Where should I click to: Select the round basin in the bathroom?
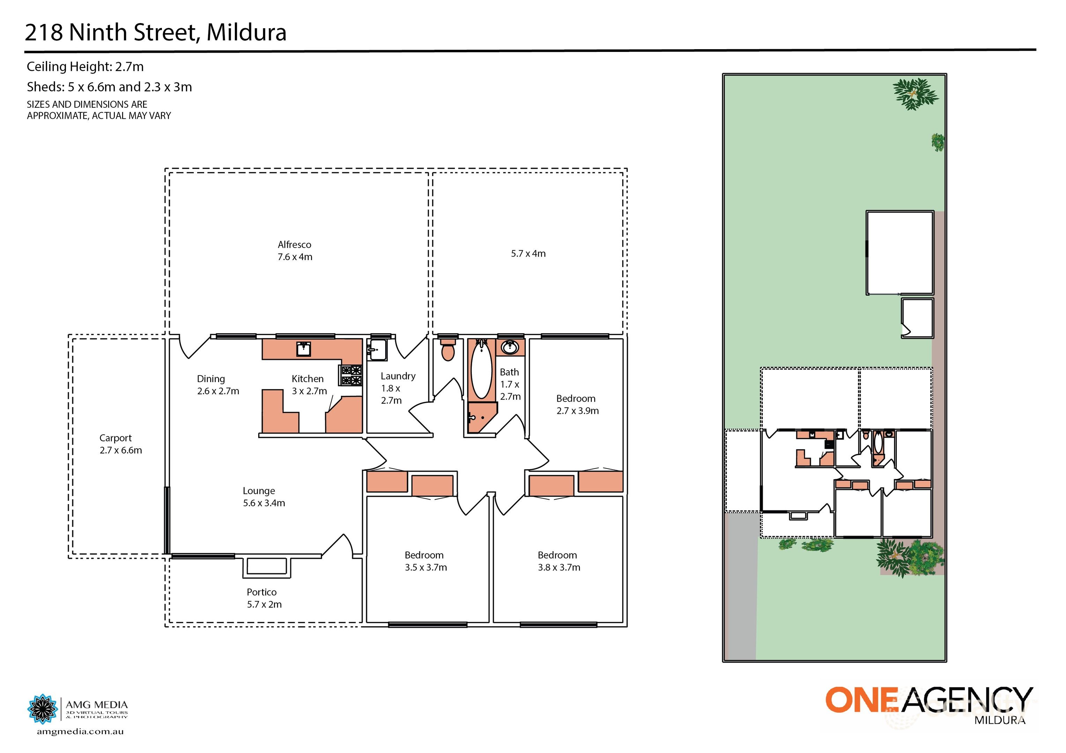[510, 347]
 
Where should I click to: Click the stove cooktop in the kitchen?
[351, 375]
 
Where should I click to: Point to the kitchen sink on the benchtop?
[303, 349]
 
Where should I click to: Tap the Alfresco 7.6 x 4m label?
[295, 251]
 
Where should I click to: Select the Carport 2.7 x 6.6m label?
[120, 444]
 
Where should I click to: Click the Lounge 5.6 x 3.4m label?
[263, 497]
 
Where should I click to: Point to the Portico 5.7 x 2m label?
[264, 598]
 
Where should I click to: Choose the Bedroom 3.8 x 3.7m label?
[559, 561]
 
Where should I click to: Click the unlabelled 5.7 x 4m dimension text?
[528, 254]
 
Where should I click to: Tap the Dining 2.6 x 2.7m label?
[217, 385]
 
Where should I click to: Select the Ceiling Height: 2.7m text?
[85, 67]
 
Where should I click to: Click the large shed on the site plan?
[899, 253]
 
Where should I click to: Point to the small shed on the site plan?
[917, 318]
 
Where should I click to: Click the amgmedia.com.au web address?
[80, 732]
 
